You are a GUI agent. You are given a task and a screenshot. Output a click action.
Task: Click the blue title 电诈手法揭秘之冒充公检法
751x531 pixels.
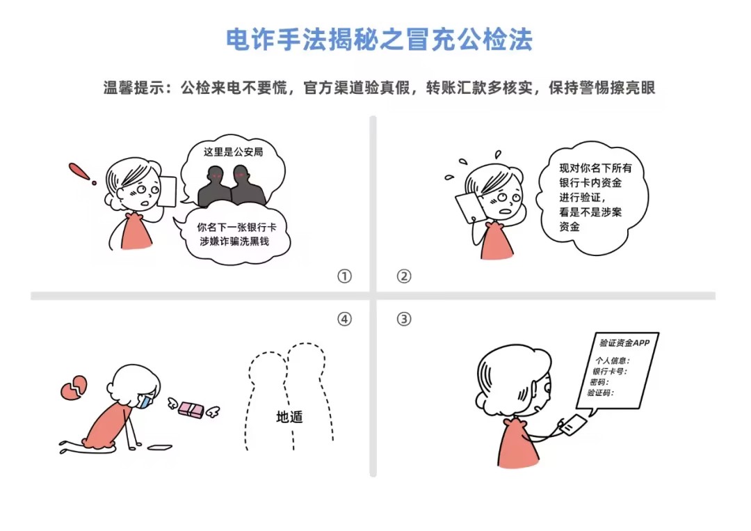(379, 39)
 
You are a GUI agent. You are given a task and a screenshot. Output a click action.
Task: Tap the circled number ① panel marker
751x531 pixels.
(344, 276)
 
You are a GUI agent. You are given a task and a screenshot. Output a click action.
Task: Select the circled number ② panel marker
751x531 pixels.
(404, 276)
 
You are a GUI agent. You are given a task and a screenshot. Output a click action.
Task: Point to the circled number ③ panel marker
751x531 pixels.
(404, 319)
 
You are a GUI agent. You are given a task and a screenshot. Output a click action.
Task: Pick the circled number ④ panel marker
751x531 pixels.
(344, 319)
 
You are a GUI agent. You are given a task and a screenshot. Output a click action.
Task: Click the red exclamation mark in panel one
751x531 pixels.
(82, 173)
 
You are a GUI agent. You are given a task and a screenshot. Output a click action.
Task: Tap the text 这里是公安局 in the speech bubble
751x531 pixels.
(233, 152)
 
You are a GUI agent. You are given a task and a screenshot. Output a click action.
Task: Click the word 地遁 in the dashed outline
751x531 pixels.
(290, 417)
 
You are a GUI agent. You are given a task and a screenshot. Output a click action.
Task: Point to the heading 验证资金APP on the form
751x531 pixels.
(624, 342)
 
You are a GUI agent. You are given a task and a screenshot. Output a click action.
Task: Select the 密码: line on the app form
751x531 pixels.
(599, 382)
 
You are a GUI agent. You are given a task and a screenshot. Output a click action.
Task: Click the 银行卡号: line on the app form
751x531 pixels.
(609, 371)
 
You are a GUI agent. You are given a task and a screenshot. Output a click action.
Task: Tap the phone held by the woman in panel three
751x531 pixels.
(573, 425)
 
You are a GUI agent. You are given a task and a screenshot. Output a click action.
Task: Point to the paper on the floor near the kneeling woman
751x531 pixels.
(159, 447)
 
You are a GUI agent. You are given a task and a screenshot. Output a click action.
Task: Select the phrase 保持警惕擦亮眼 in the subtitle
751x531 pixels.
(601, 88)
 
